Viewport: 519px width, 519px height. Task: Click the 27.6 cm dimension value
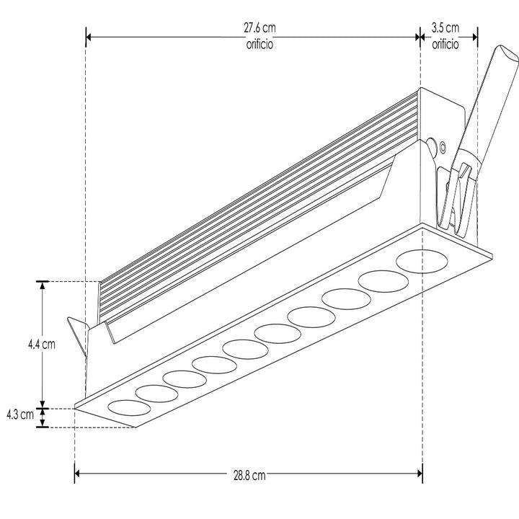[259, 28]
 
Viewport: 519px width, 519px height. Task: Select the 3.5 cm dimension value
[445, 28]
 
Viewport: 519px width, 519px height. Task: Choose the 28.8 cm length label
[249, 475]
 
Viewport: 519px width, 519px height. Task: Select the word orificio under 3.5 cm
[445, 44]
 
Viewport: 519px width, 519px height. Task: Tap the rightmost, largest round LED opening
[421, 260]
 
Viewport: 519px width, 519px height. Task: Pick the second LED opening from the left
[156, 394]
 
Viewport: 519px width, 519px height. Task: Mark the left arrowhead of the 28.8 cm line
[79, 474]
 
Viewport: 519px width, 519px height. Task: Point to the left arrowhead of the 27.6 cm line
[91, 35]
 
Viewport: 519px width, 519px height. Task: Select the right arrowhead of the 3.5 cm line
[473, 35]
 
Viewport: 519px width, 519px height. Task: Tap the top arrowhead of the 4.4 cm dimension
[43, 285]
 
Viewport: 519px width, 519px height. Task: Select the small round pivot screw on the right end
[431, 143]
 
